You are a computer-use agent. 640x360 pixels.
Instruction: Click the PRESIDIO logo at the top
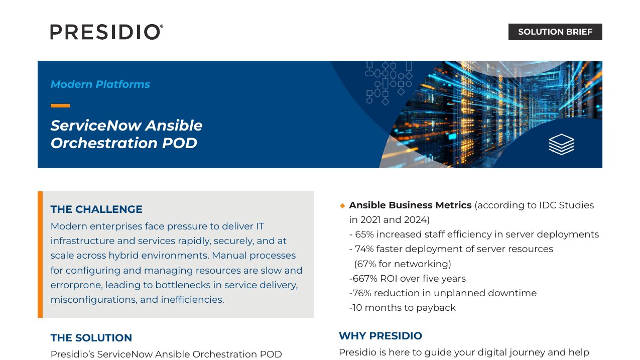pos(107,32)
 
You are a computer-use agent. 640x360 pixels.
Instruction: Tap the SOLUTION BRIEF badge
pos(555,32)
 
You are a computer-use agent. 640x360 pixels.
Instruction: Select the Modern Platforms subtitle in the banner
pos(100,84)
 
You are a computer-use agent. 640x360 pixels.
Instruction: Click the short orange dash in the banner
pos(60,106)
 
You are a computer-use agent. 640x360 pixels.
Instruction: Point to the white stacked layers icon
pos(561,144)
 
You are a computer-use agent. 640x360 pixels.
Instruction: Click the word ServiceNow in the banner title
pos(96,126)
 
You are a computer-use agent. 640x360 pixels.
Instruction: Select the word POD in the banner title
pos(179,143)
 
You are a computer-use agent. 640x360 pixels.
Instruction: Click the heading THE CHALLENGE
pos(96,209)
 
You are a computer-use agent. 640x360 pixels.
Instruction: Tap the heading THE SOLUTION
pos(91,338)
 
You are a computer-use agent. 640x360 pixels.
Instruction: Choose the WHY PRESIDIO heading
pos(380,336)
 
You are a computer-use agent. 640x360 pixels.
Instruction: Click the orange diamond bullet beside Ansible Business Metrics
pos(342,206)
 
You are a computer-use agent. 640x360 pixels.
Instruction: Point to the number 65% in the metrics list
pos(364,234)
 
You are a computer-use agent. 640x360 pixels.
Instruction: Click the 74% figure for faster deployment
pos(364,249)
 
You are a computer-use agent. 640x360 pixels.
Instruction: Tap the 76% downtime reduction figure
pos(362,293)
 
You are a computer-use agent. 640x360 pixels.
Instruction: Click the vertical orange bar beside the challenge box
pos(40,255)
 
